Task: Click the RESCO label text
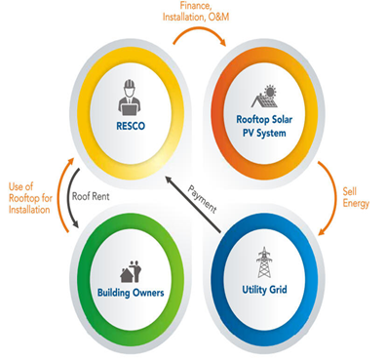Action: (131, 126)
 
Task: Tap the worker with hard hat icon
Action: (130, 98)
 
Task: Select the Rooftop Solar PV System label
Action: (264, 126)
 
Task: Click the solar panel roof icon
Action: (264, 97)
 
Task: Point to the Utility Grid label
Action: (264, 289)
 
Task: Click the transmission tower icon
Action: (264, 262)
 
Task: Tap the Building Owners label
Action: (131, 293)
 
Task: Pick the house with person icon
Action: (131, 271)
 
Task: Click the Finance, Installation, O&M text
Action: (196, 11)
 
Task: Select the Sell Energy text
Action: (356, 197)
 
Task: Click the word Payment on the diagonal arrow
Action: (202, 199)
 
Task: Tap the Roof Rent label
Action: (91, 196)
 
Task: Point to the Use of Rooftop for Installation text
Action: (30, 198)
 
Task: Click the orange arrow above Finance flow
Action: (200, 30)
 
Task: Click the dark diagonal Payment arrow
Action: (193, 204)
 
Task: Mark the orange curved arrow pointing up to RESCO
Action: (61, 195)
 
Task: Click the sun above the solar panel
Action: (270, 91)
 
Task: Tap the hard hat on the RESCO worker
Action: (130, 84)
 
